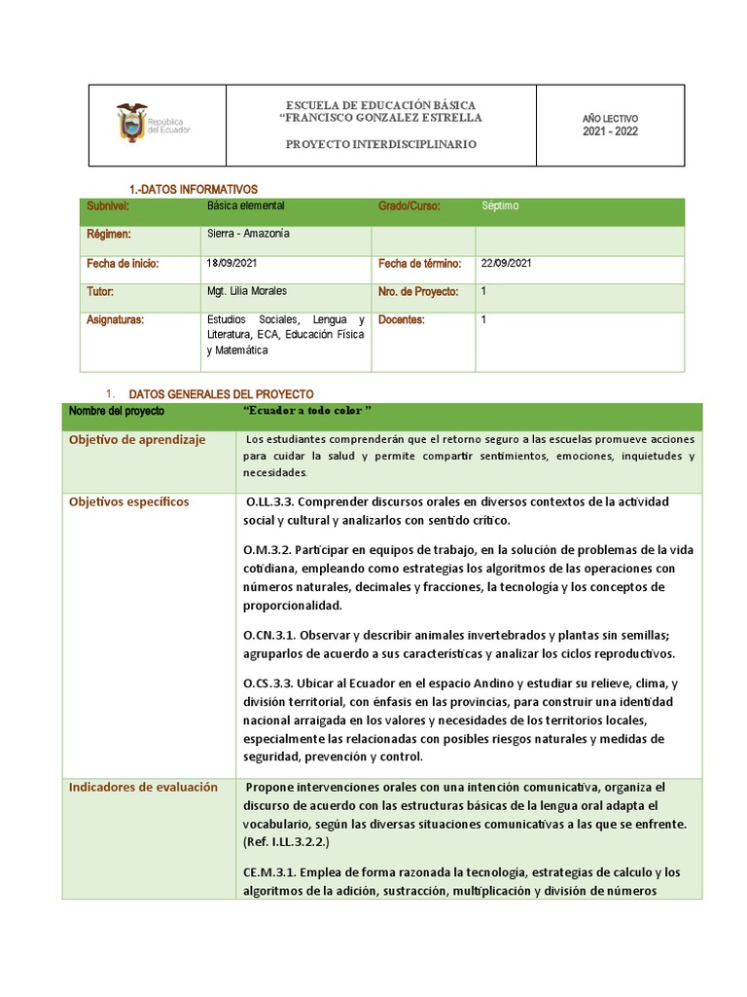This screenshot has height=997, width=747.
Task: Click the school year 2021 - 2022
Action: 610,131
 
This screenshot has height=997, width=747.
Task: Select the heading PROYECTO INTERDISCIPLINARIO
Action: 380,144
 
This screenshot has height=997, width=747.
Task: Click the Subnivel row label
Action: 108,206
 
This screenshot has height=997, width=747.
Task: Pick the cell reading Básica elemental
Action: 245,206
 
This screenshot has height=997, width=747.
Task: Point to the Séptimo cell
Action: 500,206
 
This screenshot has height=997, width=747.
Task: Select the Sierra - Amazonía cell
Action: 248,235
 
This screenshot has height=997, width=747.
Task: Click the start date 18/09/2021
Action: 232,264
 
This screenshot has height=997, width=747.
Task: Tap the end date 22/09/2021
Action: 507,264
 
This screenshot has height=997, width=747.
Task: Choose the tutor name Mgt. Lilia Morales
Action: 247,291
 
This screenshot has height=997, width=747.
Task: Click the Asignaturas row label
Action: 115,319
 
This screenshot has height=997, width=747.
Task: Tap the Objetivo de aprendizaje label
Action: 137,440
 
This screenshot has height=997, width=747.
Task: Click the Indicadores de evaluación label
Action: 143,787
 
